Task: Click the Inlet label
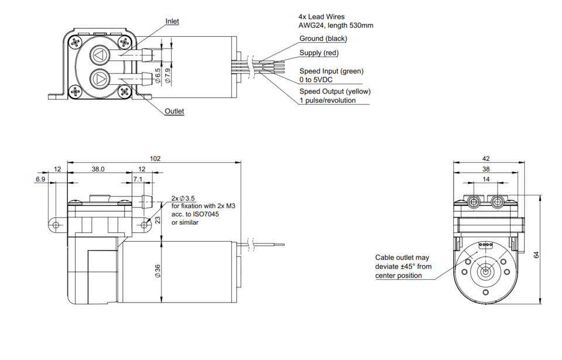172,21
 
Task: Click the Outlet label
174,111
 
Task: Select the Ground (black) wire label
323,39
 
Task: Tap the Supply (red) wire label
318,53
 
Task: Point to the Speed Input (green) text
331,71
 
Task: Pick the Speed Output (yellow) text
335,91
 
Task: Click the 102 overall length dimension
155,158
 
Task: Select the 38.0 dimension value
98,169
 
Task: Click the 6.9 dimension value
40,179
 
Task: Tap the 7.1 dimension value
138,179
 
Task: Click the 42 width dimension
486,158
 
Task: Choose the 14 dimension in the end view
486,179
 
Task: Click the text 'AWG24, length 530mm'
335,26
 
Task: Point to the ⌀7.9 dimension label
168,76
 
